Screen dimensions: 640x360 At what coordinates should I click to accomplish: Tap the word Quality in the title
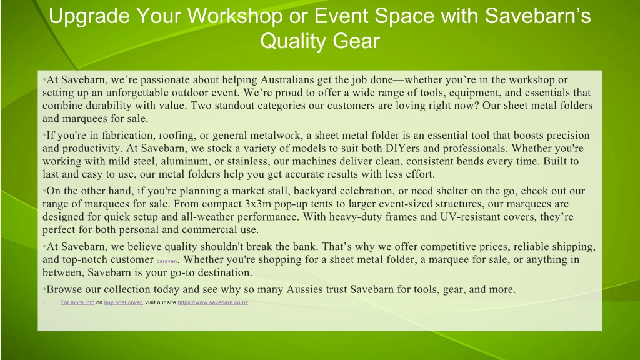click(292, 42)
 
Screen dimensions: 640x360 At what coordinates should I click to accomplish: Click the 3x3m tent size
click(258, 204)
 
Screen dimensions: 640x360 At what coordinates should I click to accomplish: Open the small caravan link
click(167, 261)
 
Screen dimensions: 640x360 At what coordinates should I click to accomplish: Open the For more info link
click(77, 302)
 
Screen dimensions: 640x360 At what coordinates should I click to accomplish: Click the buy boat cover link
click(123, 302)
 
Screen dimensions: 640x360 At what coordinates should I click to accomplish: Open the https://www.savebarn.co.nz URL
click(213, 302)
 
